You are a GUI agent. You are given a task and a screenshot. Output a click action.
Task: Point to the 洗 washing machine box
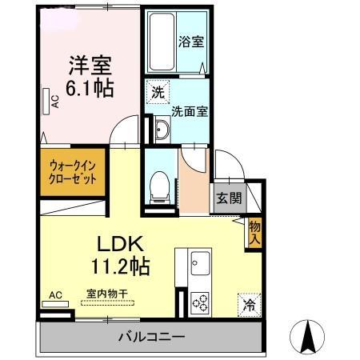coord(158,92)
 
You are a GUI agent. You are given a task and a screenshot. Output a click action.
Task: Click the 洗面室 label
coord(190,112)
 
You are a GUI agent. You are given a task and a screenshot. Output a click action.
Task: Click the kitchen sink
coord(199,262)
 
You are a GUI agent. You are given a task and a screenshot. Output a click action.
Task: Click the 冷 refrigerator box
coord(249,304)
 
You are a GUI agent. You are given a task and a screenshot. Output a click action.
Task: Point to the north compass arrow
coord(308,337)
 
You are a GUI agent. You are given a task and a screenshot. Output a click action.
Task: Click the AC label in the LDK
coord(54,295)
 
